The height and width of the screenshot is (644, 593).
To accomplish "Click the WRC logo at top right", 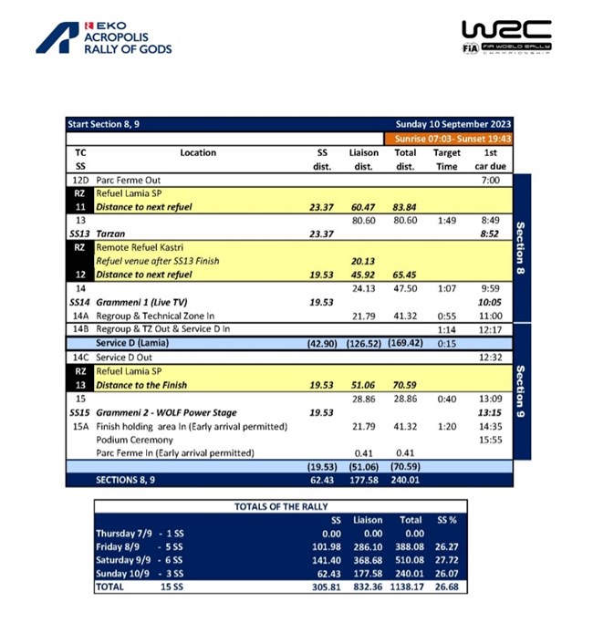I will pos(506,37).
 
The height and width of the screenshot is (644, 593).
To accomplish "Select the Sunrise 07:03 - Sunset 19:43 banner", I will pos(453,139).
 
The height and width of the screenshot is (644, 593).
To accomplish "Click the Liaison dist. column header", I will pos(363,160).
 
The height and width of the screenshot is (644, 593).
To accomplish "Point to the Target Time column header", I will pos(446,160).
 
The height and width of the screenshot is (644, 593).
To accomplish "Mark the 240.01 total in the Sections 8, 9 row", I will pos(405,480).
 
